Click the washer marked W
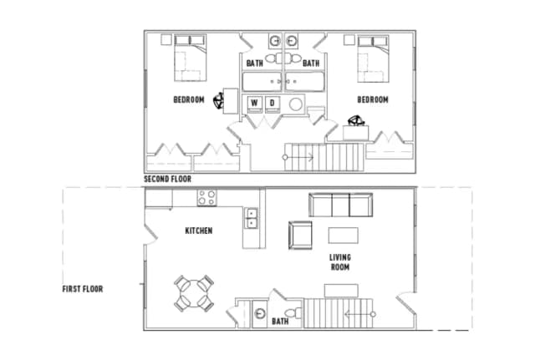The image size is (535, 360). coord(254,104)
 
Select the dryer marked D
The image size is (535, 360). coord(273,104)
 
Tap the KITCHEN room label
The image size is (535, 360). coord(199,231)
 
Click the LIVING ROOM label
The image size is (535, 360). coord(340,262)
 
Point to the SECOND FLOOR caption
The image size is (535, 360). coord(167,179)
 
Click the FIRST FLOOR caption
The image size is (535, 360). coord(83,289)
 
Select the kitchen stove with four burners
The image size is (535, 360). coord(206,198)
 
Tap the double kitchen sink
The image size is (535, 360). coord(251,218)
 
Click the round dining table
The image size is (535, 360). coord(194,293)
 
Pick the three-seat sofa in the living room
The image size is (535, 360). coord(340,205)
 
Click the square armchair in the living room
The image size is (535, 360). coord(300,236)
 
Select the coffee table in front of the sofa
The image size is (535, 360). coord(344,236)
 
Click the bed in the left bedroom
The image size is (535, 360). coord(191,58)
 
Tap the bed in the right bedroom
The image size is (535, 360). coord(374,58)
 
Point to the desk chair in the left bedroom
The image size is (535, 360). coord(218,101)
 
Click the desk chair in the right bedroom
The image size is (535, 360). coord(356,120)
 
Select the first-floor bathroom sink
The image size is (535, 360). coord(260,314)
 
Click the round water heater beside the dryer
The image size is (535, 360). coord(296,104)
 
